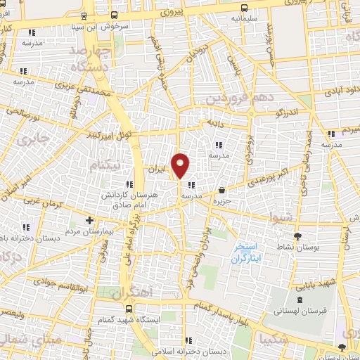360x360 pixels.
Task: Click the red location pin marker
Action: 181,165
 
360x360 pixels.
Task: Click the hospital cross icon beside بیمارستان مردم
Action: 89,219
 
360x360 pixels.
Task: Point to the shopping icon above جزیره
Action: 222,190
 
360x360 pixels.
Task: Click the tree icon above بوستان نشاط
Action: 298,236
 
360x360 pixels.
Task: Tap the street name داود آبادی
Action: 341,91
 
